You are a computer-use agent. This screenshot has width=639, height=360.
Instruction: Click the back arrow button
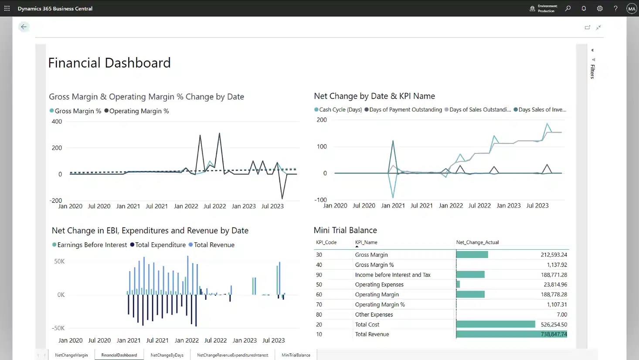24,27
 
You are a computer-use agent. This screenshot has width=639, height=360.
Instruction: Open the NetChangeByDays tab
167,355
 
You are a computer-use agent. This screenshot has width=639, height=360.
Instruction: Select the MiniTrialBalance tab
296,355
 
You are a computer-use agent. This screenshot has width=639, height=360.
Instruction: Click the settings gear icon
600,9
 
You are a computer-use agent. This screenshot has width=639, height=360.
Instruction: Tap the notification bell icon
584,9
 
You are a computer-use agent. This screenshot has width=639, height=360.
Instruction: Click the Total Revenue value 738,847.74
554,334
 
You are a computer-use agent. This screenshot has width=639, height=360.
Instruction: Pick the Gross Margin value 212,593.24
554,255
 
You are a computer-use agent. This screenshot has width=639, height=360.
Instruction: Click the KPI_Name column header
366,242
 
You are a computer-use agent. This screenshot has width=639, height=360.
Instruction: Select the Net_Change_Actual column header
477,242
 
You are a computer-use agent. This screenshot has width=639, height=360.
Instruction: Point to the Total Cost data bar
496,324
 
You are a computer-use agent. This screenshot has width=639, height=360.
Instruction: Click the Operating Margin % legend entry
136,111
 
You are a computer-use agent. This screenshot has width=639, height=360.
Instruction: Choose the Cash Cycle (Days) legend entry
338,110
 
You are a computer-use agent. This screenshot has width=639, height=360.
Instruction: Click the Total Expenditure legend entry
158,245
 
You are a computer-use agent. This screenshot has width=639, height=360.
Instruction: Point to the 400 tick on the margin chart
57,122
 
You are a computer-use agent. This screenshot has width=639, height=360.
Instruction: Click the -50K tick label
58,328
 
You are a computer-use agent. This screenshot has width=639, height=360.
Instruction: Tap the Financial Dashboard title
109,63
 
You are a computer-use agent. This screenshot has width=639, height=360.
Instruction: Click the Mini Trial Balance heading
345,230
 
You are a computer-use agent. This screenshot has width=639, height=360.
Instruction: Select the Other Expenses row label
374,315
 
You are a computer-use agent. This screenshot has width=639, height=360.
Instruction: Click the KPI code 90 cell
319,275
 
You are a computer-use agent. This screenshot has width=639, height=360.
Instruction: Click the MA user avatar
632,9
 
